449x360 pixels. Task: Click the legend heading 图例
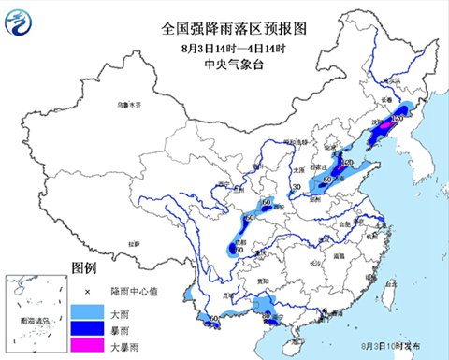click(x=85, y=267)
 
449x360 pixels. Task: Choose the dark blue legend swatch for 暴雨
click(x=83, y=327)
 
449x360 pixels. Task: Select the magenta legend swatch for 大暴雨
click(x=83, y=347)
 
